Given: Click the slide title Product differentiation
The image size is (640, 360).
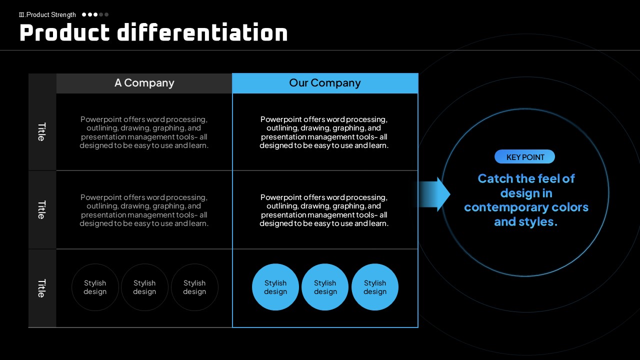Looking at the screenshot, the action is [x=153, y=33].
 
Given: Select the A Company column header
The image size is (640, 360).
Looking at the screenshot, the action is [x=144, y=83].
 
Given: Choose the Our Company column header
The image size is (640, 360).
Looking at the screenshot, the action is [x=325, y=83].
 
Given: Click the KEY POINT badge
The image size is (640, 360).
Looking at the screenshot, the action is [x=525, y=157].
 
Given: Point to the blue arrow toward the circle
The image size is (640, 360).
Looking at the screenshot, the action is [x=432, y=194].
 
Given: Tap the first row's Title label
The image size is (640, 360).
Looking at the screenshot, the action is [x=42, y=132].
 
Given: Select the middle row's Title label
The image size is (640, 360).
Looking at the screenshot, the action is [x=42, y=210].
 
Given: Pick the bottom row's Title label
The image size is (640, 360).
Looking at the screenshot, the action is [x=42, y=288].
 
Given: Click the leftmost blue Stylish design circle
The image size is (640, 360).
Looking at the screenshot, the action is [x=275, y=287].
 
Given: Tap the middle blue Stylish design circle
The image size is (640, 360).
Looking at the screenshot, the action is [x=325, y=287].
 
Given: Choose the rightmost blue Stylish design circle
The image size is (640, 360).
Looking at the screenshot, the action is [x=375, y=287].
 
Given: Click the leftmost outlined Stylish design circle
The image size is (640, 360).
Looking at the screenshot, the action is [x=95, y=287].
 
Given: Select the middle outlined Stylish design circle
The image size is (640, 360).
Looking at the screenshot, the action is [x=144, y=287].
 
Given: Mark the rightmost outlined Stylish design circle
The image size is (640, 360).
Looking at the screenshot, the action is [x=194, y=287].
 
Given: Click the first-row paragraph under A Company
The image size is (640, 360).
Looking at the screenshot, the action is [x=144, y=132].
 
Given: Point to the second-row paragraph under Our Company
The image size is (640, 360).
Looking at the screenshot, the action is [x=324, y=210].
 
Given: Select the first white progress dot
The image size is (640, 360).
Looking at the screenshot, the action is [x=84, y=14].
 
